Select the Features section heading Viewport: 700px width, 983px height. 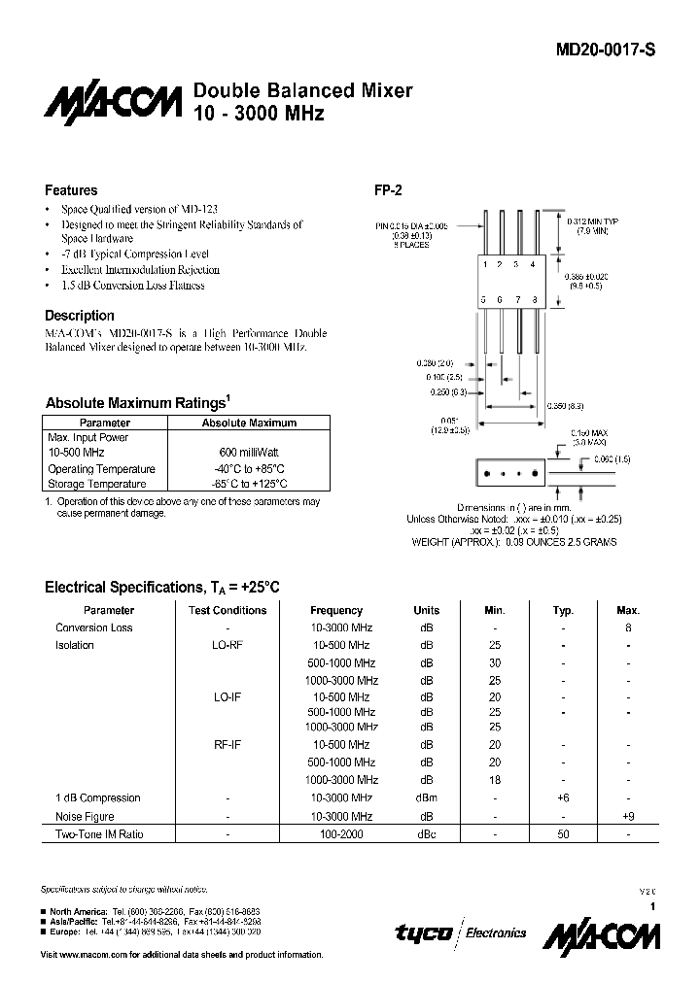click(71, 190)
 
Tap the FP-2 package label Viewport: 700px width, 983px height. click(389, 190)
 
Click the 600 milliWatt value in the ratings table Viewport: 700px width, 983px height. click(248, 453)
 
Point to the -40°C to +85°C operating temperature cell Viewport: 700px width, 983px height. click(248, 468)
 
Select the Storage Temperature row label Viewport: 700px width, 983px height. click(97, 484)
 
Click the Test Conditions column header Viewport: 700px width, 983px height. click(227, 610)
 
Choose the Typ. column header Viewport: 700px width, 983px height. click(563, 610)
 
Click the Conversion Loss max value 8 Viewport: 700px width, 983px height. click(628, 627)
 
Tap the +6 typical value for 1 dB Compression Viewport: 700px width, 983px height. click(563, 797)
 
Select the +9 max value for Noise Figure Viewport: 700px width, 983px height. click(628, 817)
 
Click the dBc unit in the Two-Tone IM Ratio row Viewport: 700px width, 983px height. click(426, 834)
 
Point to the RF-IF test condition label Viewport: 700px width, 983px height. click(227, 745)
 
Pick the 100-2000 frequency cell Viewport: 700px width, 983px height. click(337, 834)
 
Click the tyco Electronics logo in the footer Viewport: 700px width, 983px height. click(460, 932)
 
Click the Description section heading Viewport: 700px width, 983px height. click(80, 316)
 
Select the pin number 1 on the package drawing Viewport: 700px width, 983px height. click(486, 264)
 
